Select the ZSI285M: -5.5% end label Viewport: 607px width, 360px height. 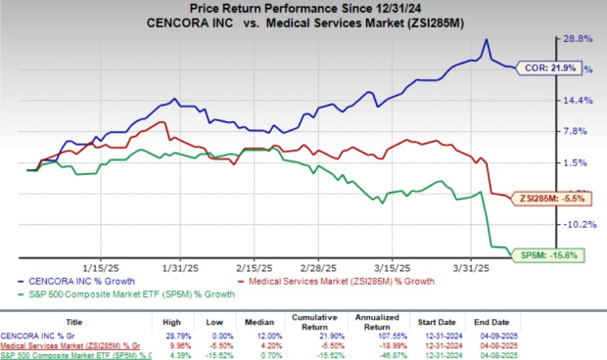553,199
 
